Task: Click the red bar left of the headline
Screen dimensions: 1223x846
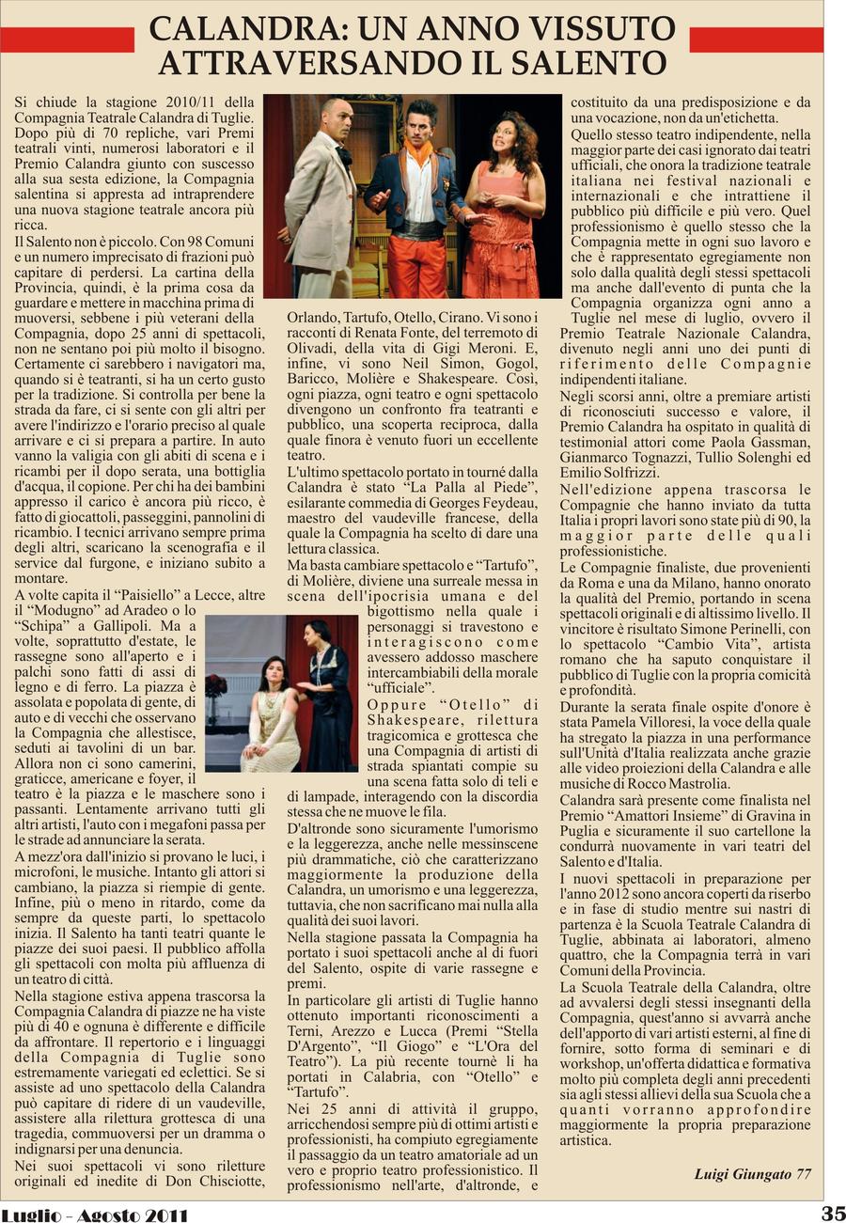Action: point(67,39)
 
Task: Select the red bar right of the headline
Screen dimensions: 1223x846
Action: point(756,39)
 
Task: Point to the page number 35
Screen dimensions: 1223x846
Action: point(833,1213)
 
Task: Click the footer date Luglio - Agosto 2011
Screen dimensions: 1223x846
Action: point(94,1215)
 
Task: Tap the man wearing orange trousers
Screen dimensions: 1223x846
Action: point(417,202)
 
